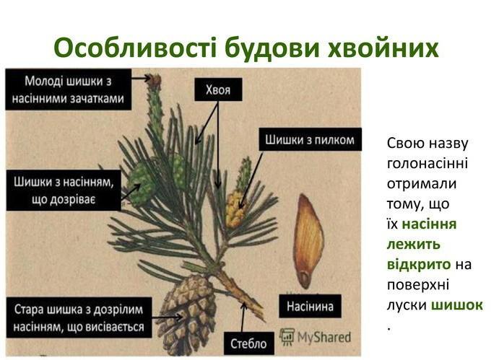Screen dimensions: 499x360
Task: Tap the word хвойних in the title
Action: (383, 48)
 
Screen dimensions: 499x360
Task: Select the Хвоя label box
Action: (218, 89)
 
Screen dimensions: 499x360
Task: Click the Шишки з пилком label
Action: (310, 140)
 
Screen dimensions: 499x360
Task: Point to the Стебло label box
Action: (249, 343)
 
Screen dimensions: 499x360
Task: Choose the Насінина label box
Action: (310, 307)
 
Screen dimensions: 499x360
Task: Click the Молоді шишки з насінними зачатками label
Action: (69, 89)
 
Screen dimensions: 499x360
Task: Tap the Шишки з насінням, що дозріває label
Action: (64, 190)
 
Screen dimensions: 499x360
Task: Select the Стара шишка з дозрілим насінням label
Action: (79, 317)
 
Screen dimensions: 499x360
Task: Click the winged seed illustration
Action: (308, 241)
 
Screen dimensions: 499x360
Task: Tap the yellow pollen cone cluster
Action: (235, 209)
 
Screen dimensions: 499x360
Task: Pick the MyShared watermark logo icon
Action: (287, 337)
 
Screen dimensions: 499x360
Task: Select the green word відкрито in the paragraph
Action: (419, 265)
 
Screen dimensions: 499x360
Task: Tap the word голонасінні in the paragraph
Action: (428, 164)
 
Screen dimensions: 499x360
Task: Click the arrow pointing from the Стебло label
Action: (243, 317)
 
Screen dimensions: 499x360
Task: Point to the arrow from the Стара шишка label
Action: (168, 317)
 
